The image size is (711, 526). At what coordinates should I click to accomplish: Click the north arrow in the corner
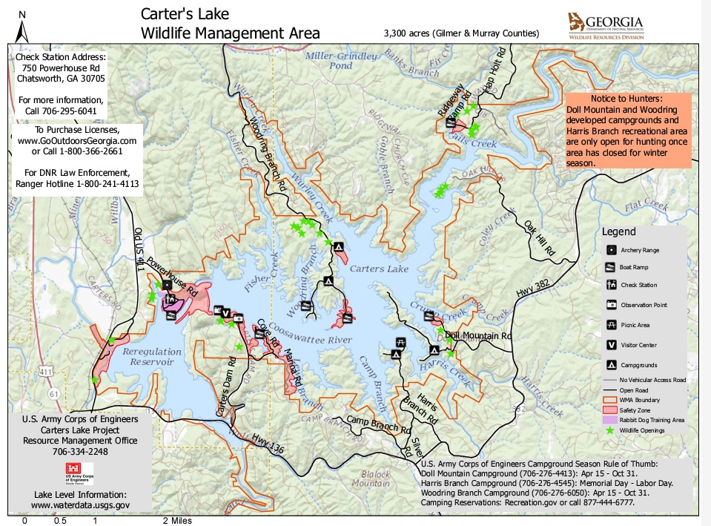coord(22,28)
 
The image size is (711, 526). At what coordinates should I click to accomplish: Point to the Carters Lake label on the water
coord(379,269)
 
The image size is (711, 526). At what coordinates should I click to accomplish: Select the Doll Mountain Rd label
coord(479,336)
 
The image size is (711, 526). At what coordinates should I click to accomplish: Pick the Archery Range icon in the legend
coord(612,250)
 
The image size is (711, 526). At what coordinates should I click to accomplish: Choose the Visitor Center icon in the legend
coord(612,344)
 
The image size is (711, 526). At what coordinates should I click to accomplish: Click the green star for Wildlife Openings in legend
coord(612,430)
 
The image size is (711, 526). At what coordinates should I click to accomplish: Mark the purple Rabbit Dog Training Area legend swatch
coord(612,419)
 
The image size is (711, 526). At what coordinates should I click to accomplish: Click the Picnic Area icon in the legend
coord(612,324)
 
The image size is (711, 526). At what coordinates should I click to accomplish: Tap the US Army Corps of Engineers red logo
coord(81,472)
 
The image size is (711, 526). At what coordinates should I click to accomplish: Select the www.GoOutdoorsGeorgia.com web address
coord(77,141)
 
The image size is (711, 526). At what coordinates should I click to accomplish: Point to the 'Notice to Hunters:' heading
coord(628,99)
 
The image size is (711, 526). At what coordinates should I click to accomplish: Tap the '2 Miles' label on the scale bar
coord(178,521)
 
